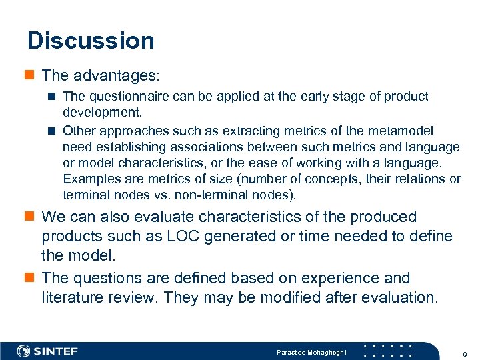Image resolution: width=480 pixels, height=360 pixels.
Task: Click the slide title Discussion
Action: click(91, 41)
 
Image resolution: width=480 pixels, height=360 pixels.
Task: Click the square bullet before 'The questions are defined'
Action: click(30, 278)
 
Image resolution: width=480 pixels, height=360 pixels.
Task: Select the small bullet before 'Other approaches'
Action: click(52, 131)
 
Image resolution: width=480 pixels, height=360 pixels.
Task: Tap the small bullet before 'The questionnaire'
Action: click(52, 97)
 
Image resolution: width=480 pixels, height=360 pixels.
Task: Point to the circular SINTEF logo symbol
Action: click(23, 351)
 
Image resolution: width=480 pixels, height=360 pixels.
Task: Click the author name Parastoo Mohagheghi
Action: click(311, 351)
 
